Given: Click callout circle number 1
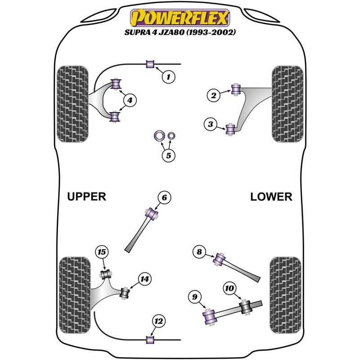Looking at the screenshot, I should point(168,77).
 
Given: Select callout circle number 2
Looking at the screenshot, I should point(214,95).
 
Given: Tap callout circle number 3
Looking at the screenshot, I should point(210,124).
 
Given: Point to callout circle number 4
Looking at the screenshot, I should point(129,101).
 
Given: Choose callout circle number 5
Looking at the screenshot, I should point(168,156).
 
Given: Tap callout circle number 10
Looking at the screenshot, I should point(229,288).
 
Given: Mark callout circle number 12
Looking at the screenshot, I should point(158,321).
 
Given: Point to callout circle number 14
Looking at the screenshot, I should point(144,279).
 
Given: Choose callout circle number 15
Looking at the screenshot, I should point(102,252).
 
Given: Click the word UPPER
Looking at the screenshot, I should point(86,197).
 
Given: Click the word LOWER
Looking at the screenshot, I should point(271,197).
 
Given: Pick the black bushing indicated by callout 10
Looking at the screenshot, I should point(246,307).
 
